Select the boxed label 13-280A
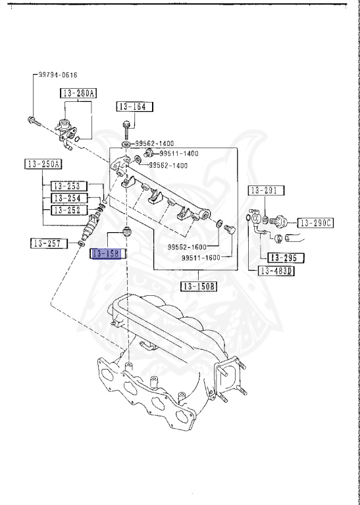point(78,94)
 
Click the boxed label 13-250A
point(43,164)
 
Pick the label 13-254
point(66,198)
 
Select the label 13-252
point(66,210)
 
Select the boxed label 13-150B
point(199,286)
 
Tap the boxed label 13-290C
point(315,222)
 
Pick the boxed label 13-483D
point(276,270)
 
